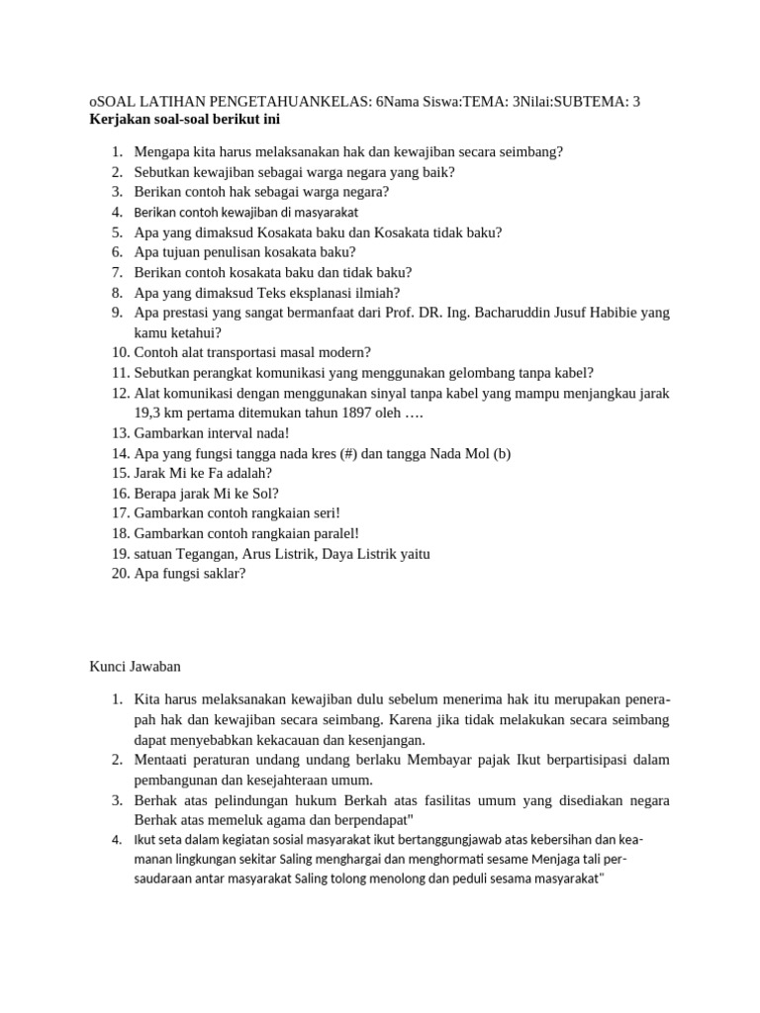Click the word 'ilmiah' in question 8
click(x=377, y=292)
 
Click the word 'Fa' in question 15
click(x=205, y=473)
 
